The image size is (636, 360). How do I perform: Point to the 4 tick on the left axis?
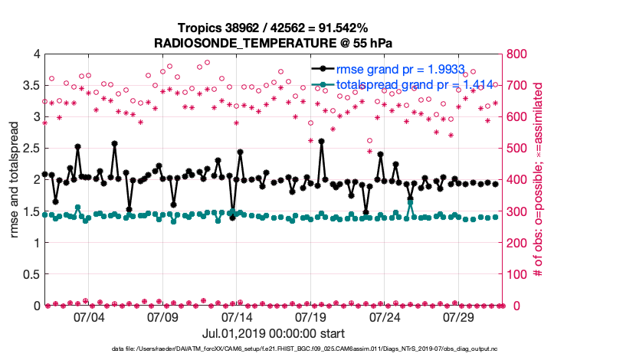point(35,54)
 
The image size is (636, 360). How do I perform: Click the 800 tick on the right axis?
point(516,54)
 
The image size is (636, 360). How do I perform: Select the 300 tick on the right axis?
point(516,211)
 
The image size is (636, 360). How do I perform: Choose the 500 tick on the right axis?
point(516,149)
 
